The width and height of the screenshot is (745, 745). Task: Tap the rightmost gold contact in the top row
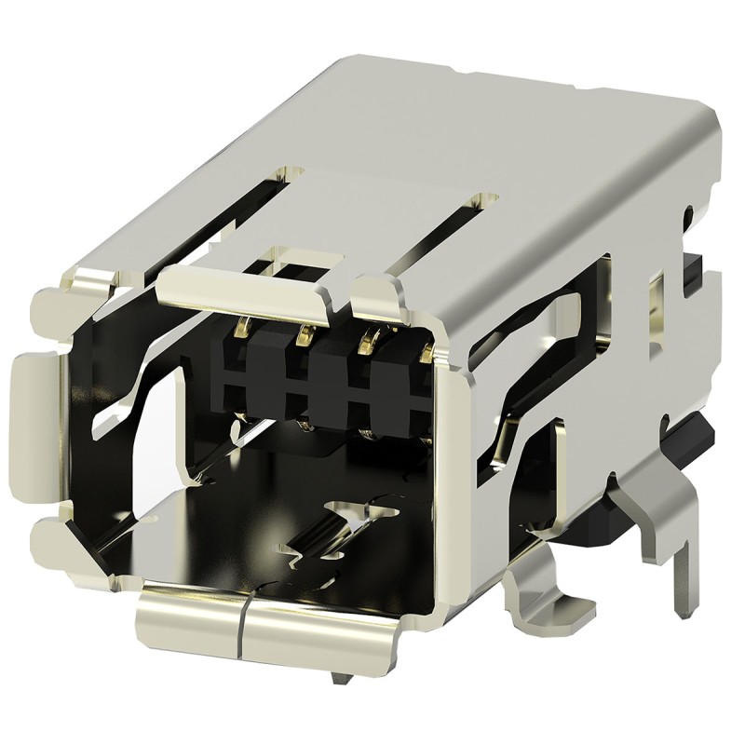427,352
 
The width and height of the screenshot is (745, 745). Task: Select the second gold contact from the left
304,333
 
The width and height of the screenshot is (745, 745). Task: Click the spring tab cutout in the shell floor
335,531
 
